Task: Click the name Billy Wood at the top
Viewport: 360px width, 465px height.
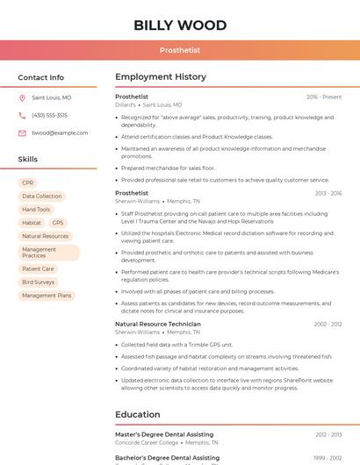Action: click(x=179, y=25)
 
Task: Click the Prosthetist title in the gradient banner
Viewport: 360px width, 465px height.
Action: click(x=179, y=50)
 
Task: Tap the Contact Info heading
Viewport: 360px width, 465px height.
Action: click(x=41, y=77)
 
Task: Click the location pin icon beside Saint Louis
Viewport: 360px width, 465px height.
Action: click(x=22, y=97)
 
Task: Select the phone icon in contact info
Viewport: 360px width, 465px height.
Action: click(x=22, y=115)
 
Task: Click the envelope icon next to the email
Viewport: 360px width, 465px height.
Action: click(x=22, y=132)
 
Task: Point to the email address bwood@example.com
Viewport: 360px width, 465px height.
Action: click(x=60, y=132)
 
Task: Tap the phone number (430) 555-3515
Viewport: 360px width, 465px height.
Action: click(x=49, y=115)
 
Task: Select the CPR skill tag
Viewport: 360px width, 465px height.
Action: click(x=28, y=182)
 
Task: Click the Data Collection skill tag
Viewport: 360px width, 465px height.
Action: click(x=42, y=197)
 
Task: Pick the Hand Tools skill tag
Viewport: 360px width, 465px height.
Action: click(x=36, y=210)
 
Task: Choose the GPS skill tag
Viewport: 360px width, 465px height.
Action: click(x=58, y=223)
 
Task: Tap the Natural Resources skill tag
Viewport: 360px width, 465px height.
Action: click(x=46, y=236)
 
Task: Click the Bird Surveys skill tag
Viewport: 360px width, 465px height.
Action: click(x=39, y=283)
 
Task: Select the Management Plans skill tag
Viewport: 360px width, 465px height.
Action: click(x=47, y=296)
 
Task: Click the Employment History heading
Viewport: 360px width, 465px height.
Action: click(x=161, y=77)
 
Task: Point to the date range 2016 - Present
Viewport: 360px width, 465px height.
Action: click(x=324, y=97)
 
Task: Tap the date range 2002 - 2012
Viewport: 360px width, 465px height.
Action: click(x=328, y=324)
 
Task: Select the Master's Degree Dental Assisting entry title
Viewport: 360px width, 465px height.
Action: click(x=164, y=434)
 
